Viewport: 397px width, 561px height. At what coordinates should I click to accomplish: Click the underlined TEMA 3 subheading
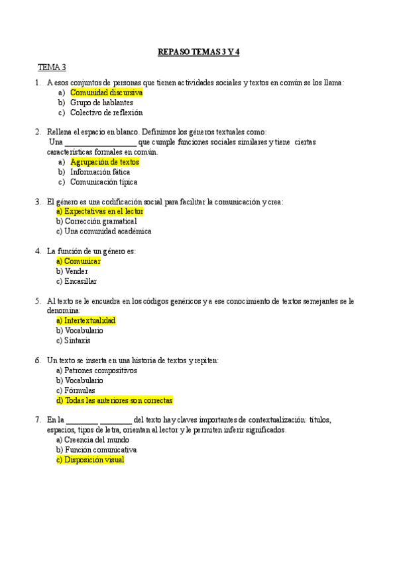coord(52,67)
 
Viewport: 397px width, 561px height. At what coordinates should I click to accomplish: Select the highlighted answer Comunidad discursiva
coord(106,93)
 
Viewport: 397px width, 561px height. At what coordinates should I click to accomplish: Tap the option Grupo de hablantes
coord(101,103)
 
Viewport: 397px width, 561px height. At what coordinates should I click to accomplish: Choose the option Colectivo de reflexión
coord(106,112)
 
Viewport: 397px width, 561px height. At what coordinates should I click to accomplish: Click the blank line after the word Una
coord(101,142)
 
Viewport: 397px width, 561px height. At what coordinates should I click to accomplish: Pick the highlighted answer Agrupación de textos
coord(105,162)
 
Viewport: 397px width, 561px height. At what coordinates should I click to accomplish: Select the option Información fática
coord(100,172)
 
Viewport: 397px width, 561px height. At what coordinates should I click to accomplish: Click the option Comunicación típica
coord(104,182)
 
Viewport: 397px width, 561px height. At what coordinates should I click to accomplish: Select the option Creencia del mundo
coord(92,440)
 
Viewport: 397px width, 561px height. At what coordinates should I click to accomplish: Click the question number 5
coord(38,301)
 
